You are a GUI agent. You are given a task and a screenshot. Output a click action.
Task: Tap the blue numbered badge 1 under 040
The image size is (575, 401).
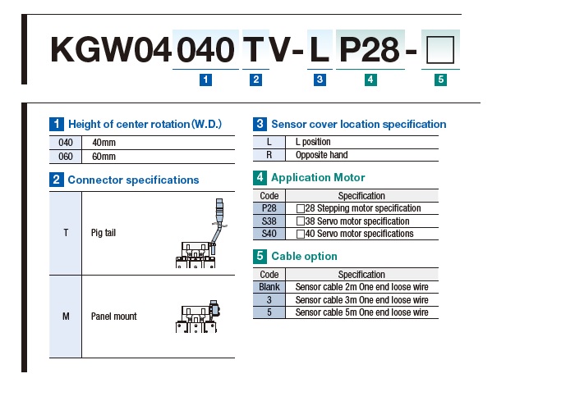pyautogui.click(x=206, y=80)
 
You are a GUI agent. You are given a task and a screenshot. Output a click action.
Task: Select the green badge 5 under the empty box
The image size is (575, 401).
pyautogui.click(x=440, y=80)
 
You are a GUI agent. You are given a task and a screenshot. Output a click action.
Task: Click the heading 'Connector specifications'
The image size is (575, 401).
pyautogui.click(x=133, y=180)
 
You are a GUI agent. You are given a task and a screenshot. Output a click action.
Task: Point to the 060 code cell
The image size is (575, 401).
pyautogui.click(x=66, y=156)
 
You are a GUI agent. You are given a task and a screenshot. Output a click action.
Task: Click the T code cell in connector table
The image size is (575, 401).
pyautogui.click(x=66, y=233)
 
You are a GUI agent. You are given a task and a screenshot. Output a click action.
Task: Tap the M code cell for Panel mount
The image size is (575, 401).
pyautogui.click(x=66, y=317)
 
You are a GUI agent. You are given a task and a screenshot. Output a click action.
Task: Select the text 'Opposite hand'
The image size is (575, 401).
pyautogui.click(x=322, y=155)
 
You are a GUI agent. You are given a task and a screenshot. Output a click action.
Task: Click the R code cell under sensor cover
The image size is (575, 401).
pyautogui.click(x=269, y=155)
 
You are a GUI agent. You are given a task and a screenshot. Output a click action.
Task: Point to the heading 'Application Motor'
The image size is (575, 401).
pyautogui.click(x=318, y=177)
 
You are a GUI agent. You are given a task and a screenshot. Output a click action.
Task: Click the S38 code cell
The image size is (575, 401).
pyautogui.click(x=269, y=221)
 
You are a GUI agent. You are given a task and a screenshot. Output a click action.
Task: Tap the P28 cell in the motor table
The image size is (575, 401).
pyautogui.click(x=269, y=208)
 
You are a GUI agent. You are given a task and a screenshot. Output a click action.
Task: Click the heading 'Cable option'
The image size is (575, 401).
pyautogui.click(x=304, y=256)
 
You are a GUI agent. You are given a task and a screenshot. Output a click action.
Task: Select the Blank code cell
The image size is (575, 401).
pyautogui.click(x=269, y=287)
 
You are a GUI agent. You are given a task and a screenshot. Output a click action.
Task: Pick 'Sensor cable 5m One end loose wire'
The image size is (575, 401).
pyautogui.click(x=361, y=312)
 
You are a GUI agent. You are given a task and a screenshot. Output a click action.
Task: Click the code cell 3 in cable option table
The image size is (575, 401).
pyautogui.click(x=269, y=300)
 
